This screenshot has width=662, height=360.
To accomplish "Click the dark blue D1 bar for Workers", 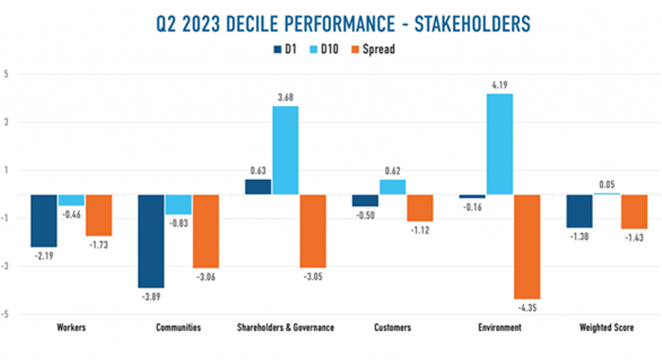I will (x=44, y=221).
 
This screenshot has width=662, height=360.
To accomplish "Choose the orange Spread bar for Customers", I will (x=420, y=207).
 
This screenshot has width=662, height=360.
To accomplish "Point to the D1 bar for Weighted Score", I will (x=580, y=211).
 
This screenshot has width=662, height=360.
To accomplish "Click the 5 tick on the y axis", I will (x=6, y=74).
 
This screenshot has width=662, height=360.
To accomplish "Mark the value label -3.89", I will (x=152, y=296).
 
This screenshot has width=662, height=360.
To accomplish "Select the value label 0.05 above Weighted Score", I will (x=607, y=184).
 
